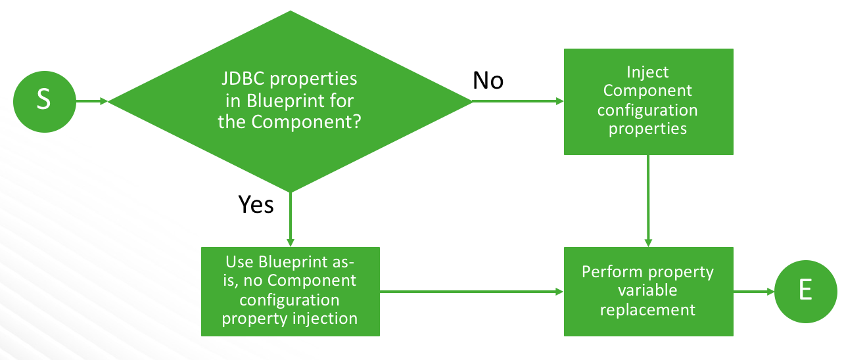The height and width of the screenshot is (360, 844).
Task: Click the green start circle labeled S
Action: click(45, 101)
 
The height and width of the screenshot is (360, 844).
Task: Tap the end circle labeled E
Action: click(806, 292)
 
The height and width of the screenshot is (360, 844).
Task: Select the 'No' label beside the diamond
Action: click(488, 80)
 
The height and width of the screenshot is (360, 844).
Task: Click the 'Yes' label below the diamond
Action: click(256, 204)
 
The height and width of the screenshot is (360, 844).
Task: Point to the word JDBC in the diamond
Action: click(243, 79)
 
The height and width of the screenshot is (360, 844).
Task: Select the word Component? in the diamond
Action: click(306, 122)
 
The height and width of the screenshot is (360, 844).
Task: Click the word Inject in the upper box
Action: click(647, 72)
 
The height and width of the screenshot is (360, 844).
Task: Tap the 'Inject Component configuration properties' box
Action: click(649, 102)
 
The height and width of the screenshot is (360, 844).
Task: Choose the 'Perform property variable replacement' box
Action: click(649, 292)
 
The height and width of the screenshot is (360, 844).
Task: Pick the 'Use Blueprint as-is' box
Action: click(291, 292)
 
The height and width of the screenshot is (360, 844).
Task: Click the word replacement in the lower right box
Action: click(647, 310)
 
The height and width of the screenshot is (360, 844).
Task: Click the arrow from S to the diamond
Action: click(92, 101)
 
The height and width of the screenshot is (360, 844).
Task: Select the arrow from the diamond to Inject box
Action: click(518, 101)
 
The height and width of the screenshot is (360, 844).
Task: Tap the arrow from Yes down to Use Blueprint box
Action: click(290, 219)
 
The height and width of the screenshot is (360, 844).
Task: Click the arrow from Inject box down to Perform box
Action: click(648, 201)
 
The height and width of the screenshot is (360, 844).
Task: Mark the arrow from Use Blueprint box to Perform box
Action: click(472, 292)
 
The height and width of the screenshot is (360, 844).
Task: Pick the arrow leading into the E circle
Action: click(754, 292)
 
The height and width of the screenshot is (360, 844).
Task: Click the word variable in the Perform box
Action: click(647, 290)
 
